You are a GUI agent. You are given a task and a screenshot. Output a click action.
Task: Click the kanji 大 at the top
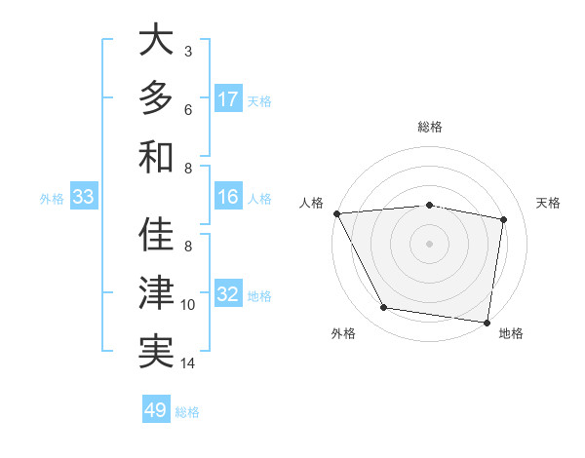(x=156, y=42)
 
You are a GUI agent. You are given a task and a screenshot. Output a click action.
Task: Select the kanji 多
(x=156, y=98)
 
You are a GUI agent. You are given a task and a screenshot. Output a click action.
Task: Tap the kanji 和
(x=156, y=156)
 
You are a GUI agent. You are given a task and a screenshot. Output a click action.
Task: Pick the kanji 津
(x=156, y=293)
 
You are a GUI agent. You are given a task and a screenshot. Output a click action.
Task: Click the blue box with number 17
(x=228, y=98)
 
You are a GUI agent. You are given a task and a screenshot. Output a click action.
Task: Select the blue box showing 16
(x=228, y=197)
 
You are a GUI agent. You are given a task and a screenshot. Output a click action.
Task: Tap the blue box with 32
(x=228, y=294)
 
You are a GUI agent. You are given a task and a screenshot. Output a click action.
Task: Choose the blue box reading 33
(x=83, y=198)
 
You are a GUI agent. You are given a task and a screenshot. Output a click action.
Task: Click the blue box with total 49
(x=156, y=410)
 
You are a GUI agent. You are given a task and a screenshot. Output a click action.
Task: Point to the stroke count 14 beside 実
(x=188, y=363)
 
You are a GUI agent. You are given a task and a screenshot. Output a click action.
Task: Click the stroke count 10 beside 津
(x=188, y=305)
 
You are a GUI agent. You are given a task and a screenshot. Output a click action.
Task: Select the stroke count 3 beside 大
(x=187, y=51)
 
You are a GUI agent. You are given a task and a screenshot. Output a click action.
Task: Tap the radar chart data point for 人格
(x=336, y=213)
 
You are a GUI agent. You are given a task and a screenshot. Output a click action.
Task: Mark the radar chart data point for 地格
(x=487, y=322)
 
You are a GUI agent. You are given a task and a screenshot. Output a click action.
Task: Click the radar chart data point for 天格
(x=503, y=219)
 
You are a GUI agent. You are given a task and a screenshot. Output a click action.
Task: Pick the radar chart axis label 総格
(x=430, y=127)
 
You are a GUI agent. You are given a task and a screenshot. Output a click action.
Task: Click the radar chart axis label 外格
(x=343, y=333)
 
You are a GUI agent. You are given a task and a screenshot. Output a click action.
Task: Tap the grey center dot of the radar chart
(x=429, y=243)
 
